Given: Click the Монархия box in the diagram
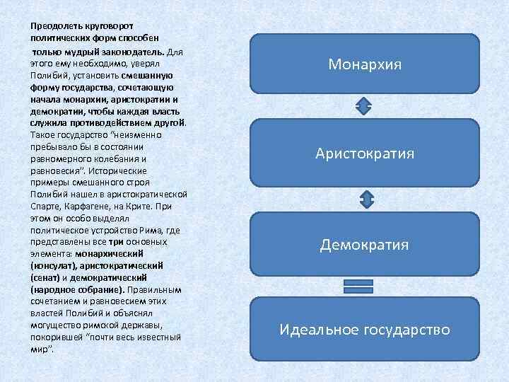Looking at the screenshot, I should [364, 64].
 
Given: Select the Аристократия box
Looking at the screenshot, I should [364, 154].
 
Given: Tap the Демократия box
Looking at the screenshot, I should [364, 245].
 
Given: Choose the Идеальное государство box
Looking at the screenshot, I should [364, 330].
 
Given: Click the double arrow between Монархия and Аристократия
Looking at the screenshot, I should [364, 107].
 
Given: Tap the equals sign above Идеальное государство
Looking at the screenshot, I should [358, 286].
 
